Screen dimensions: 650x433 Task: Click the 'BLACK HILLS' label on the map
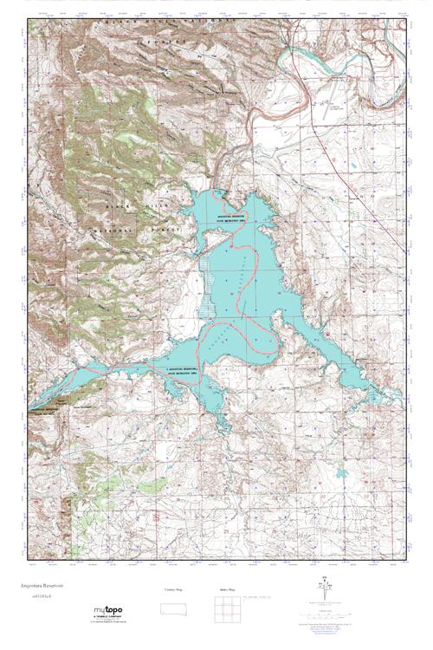click(x=127, y=206)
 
